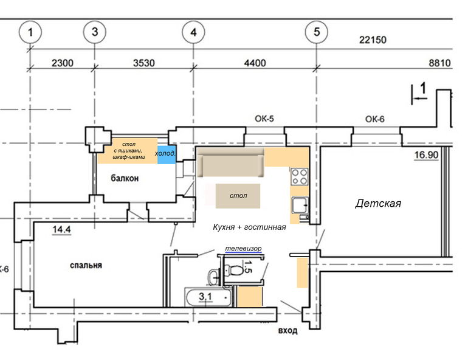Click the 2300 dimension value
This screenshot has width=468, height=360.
pos(63,63)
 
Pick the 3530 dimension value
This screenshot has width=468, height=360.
pos(144,63)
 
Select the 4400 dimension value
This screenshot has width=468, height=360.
pos(255,63)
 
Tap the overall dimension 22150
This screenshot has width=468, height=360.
pos(373,40)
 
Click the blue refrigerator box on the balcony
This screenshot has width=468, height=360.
pos(167,155)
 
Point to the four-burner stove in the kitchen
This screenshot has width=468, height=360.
pos(300,177)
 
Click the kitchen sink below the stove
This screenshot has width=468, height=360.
pos(300,205)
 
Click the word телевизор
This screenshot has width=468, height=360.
pos(243,248)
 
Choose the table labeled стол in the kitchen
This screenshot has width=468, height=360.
pos(238,196)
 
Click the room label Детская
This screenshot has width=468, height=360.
pos(378,204)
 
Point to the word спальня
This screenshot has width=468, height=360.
pos(86,265)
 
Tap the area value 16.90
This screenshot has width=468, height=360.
pos(426,155)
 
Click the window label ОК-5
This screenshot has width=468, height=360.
pos(264,119)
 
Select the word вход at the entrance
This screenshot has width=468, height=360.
pos(287,331)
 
